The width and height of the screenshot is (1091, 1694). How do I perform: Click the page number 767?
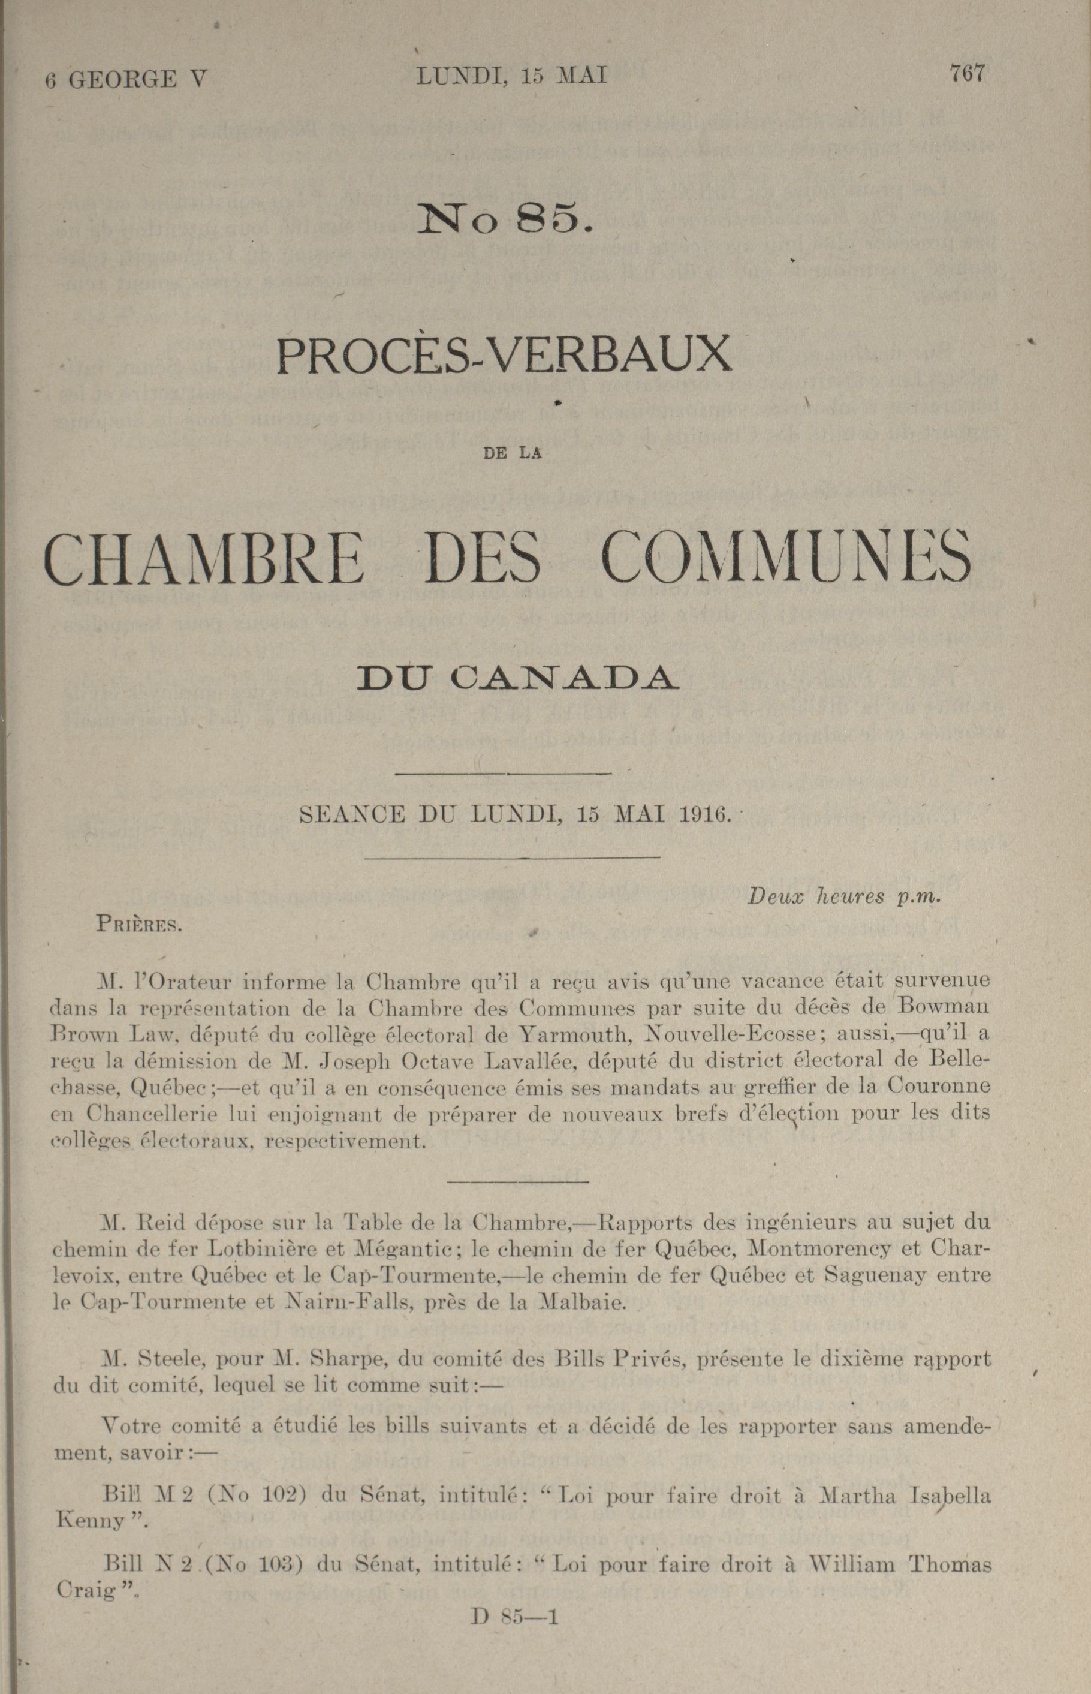[x=967, y=73]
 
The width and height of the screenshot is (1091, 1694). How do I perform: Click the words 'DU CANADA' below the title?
[x=516, y=678]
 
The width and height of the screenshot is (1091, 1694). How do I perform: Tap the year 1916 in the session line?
[x=704, y=814]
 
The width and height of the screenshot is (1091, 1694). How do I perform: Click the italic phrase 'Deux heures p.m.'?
[x=843, y=896]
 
